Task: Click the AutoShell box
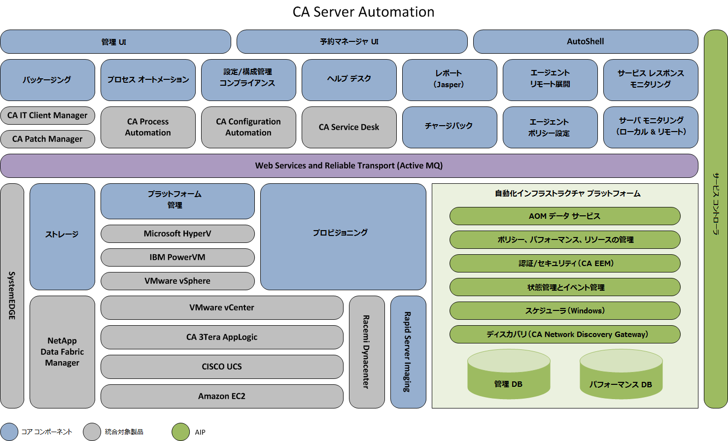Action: (x=586, y=42)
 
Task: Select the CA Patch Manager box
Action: (x=47, y=139)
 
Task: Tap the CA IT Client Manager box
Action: (x=47, y=115)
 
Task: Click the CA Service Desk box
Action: (x=349, y=127)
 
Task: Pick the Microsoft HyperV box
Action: (x=177, y=234)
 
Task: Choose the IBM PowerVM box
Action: (x=177, y=257)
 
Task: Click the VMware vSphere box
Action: (x=177, y=281)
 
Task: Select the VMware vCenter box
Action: (x=222, y=307)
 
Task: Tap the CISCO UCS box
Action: (x=222, y=367)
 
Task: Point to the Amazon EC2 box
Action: (x=222, y=396)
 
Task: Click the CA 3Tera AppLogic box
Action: (x=222, y=337)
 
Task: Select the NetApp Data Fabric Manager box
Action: (x=62, y=352)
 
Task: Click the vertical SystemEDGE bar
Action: (x=12, y=296)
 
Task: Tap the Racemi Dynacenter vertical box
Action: (x=367, y=352)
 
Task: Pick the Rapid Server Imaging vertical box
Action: (x=408, y=352)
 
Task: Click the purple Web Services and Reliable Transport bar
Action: (x=349, y=166)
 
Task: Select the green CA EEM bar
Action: (x=565, y=264)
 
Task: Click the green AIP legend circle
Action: (x=180, y=432)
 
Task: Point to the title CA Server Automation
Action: (x=363, y=12)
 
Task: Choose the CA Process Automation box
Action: (x=148, y=127)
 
